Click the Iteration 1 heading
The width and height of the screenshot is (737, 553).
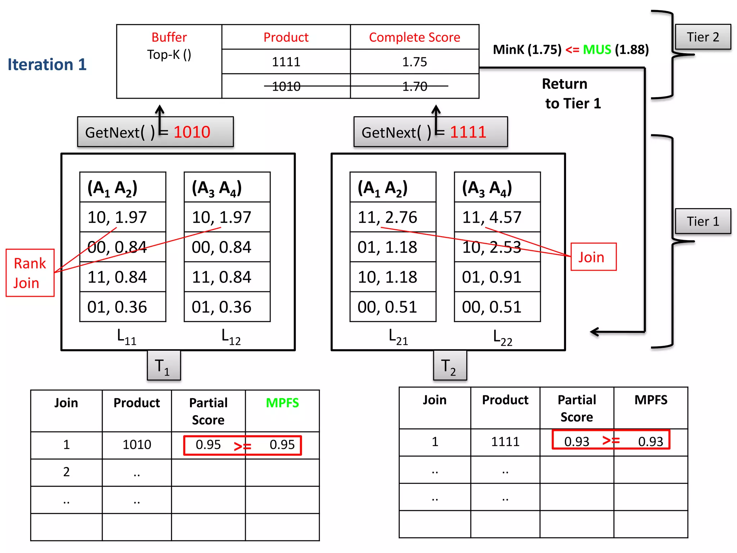pos(47,65)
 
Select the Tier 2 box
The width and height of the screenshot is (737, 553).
pos(702,37)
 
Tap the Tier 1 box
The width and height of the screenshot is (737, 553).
pos(702,221)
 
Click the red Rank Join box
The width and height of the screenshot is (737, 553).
pos(30,273)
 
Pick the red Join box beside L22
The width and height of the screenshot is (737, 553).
pos(593,257)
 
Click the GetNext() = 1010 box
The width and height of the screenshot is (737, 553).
pos(155,132)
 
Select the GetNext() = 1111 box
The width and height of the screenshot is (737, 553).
pos(430,132)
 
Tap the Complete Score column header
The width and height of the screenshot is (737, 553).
pos(415,37)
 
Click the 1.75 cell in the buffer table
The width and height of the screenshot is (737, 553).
pos(415,62)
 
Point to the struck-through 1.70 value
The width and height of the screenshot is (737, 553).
pos(415,86)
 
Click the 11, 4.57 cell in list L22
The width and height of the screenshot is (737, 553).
pos(497,217)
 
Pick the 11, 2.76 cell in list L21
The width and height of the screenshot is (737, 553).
pos(393,217)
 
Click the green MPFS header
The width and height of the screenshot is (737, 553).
pos(282,403)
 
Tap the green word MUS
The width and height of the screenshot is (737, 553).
pos(597,49)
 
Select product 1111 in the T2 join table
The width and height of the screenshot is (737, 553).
pos(505,442)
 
